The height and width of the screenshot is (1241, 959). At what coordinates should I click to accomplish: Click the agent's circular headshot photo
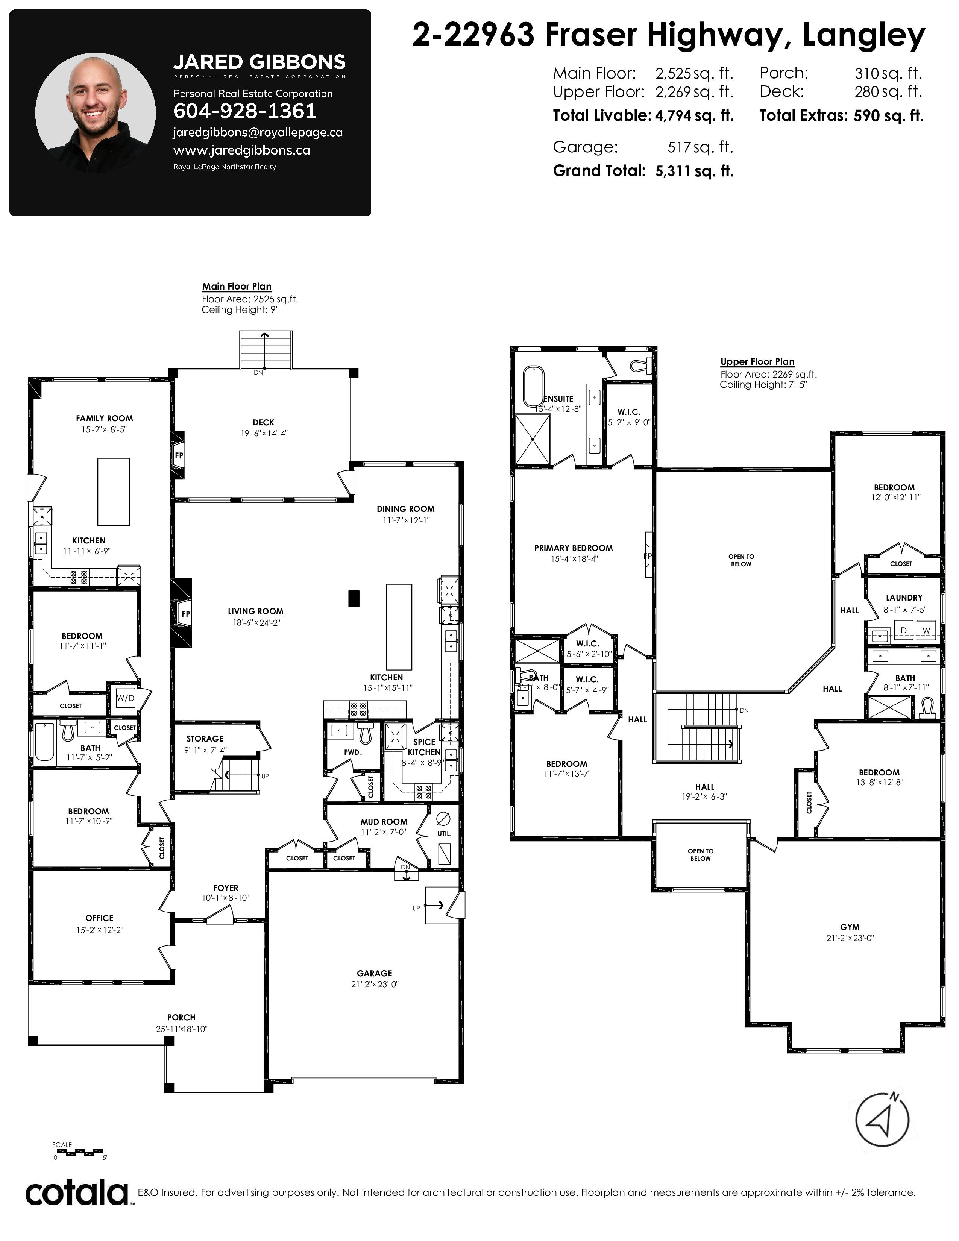96,114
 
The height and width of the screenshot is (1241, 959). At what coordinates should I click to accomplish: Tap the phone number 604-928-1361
245,111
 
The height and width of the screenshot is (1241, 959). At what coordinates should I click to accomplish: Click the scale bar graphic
79,1151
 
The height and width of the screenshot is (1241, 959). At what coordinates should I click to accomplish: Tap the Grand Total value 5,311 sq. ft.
694,171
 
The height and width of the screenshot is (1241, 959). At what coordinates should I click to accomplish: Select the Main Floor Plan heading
237,287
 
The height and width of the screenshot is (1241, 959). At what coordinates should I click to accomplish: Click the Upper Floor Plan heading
757,361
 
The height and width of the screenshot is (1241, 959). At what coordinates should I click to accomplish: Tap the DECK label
264,422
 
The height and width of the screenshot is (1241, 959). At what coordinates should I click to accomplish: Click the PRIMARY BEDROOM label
574,548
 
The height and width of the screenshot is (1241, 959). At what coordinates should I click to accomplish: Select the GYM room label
850,927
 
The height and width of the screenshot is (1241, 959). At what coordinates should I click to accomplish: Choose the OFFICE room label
99,918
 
